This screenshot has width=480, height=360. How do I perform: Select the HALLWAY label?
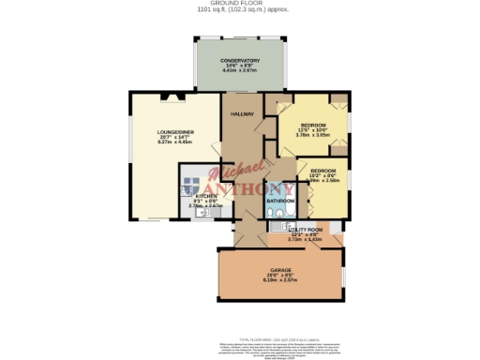pyautogui.click(x=243, y=114)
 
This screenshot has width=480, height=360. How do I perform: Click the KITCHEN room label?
pyautogui.click(x=206, y=196)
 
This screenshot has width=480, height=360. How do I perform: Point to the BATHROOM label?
pyautogui.click(x=280, y=201)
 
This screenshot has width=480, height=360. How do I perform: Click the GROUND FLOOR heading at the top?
pyautogui.click(x=240, y=4)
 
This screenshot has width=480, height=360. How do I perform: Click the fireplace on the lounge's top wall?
pyautogui.click(x=170, y=96)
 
